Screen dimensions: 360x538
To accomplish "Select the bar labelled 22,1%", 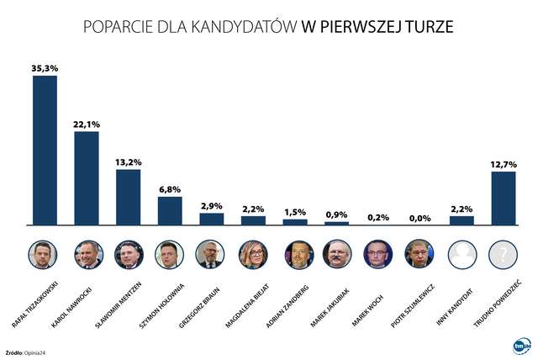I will tap(87, 177).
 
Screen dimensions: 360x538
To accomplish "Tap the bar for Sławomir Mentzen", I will tap(128, 197).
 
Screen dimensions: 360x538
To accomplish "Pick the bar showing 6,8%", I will tap(170, 210).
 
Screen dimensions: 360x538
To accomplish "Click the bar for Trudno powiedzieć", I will tap(503, 198).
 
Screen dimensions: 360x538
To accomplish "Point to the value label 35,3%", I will tap(45, 67).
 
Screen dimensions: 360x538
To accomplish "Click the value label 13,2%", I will tap(128, 161).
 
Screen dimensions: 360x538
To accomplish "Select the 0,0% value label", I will tap(419, 218).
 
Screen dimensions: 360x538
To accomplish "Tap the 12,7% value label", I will tap(503, 163).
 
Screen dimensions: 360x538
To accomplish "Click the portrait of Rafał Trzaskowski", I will tap(45, 253).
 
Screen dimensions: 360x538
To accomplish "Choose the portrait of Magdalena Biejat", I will tap(253, 253).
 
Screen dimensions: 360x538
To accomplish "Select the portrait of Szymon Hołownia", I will tap(170, 253).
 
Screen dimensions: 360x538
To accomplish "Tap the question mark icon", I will tap(503, 253).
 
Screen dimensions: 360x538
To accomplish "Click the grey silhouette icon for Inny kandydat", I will tap(462, 253).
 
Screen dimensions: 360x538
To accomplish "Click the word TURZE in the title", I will tap(427, 27).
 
